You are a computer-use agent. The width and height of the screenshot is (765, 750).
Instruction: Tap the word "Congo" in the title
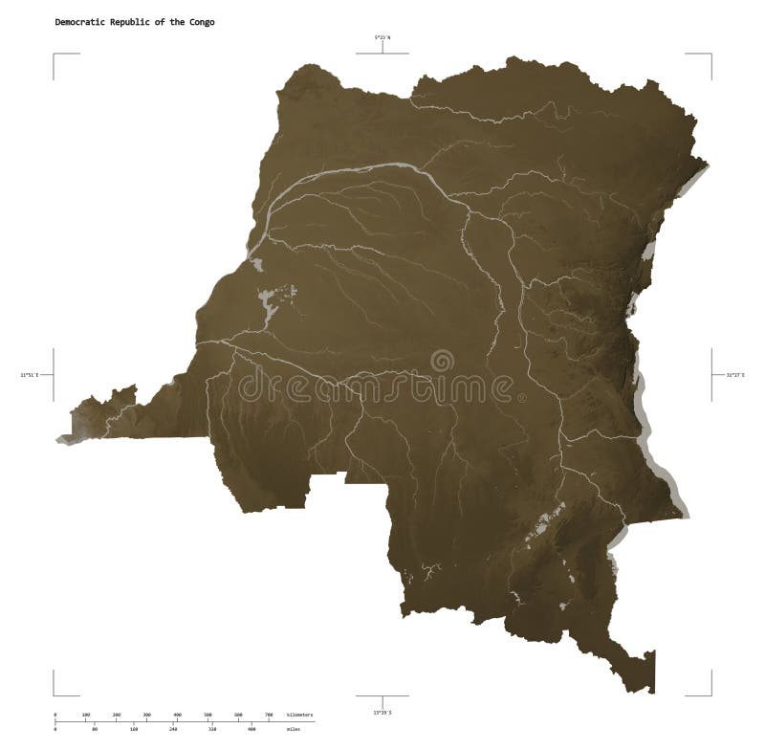(x=202, y=21)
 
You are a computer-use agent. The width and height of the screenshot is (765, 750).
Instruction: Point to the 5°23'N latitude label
(x=382, y=36)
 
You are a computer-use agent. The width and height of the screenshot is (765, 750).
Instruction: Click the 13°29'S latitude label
(x=382, y=712)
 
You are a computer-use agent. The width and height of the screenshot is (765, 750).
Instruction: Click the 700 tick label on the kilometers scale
(x=268, y=715)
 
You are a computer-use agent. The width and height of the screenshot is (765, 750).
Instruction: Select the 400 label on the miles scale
(x=251, y=730)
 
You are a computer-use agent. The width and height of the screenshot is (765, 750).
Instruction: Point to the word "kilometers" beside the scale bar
(x=300, y=715)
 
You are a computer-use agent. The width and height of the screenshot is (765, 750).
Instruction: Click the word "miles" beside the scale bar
(x=293, y=730)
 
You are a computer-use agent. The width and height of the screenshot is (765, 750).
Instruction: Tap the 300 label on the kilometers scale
(x=146, y=715)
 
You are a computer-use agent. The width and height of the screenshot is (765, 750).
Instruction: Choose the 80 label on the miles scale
(x=95, y=730)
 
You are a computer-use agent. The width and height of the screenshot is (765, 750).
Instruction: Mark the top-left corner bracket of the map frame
(x=55, y=55)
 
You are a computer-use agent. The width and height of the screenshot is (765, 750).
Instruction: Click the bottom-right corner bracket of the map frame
(x=710, y=695)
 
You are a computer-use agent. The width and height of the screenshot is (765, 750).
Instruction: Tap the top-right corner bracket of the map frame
(x=710, y=55)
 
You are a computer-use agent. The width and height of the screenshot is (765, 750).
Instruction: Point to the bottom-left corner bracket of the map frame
(x=55, y=695)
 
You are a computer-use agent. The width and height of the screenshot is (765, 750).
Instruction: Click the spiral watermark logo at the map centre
(x=442, y=362)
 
